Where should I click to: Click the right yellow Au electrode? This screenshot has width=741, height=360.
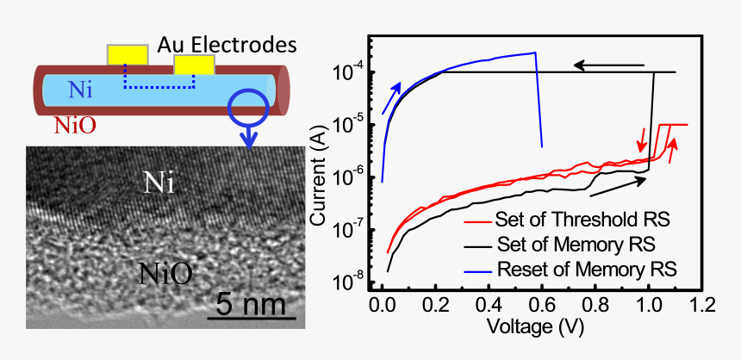(193, 65)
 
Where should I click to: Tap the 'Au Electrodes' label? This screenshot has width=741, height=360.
(227, 42)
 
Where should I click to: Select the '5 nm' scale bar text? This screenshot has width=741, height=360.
(252, 303)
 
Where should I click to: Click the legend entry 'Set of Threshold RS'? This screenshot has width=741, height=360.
(582, 220)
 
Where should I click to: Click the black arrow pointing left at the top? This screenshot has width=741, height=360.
(609, 65)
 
